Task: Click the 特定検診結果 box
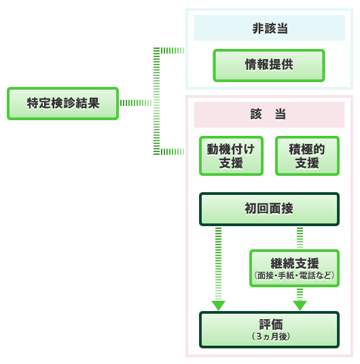click(x=62, y=103)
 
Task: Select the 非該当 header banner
click(x=270, y=28)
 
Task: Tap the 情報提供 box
click(x=269, y=65)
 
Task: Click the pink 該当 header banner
click(x=269, y=115)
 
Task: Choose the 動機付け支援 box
click(x=231, y=156)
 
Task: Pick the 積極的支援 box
click(x=307, y=156)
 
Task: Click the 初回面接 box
click(x=269, y=209)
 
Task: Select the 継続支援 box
click(x=294, y=268)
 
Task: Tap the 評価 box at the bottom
click(x=269, y=329)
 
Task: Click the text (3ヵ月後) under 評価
click(x=271, y=336)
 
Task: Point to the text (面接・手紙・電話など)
click(x=294, y=276)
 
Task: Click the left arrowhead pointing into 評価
click(x=218, y=306)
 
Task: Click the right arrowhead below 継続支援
click(x=300, y=306)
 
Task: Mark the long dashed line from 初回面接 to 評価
click(x=218, y=264)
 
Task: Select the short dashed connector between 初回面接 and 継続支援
click(x=300, y=238)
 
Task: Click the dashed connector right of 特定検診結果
click(x=136, y=103)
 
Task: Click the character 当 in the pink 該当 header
click(x=281, y=114)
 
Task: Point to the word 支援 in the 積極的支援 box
click(x=307, y=163)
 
